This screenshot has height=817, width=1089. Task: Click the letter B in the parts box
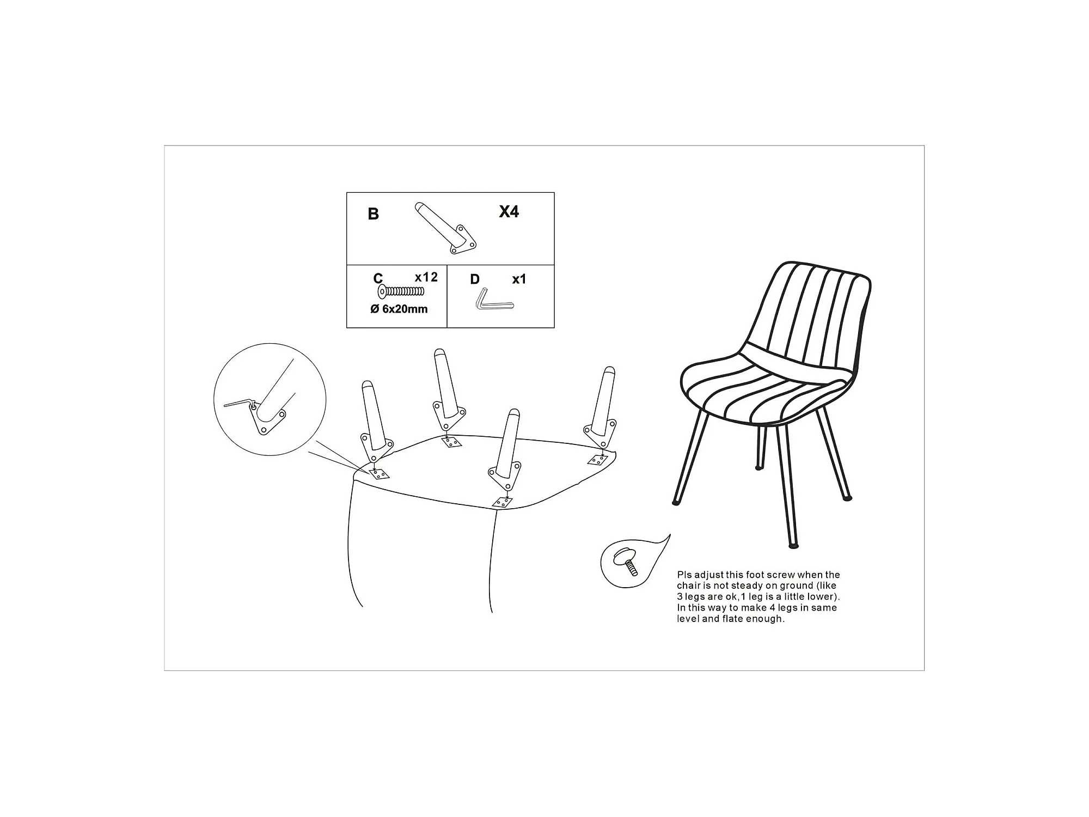(x=373, y=214)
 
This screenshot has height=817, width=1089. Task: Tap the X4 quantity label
(x=509, y=211)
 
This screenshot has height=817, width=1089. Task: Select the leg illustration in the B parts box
(x=445, y=228)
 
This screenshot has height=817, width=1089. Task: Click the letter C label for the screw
(x=378, y=278)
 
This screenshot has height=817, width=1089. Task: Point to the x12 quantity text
(x=426, y=277)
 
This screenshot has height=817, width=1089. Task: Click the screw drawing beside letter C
(x=401, y=291)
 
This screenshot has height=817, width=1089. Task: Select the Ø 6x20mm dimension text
(x=399, y=309)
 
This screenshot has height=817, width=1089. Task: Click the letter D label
(x=475, y=279)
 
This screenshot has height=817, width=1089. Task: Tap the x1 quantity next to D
(x=519, y=279)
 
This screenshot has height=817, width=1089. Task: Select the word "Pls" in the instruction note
(x=684, y=575)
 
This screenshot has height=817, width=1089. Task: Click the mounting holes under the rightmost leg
(x=597, y=460)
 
